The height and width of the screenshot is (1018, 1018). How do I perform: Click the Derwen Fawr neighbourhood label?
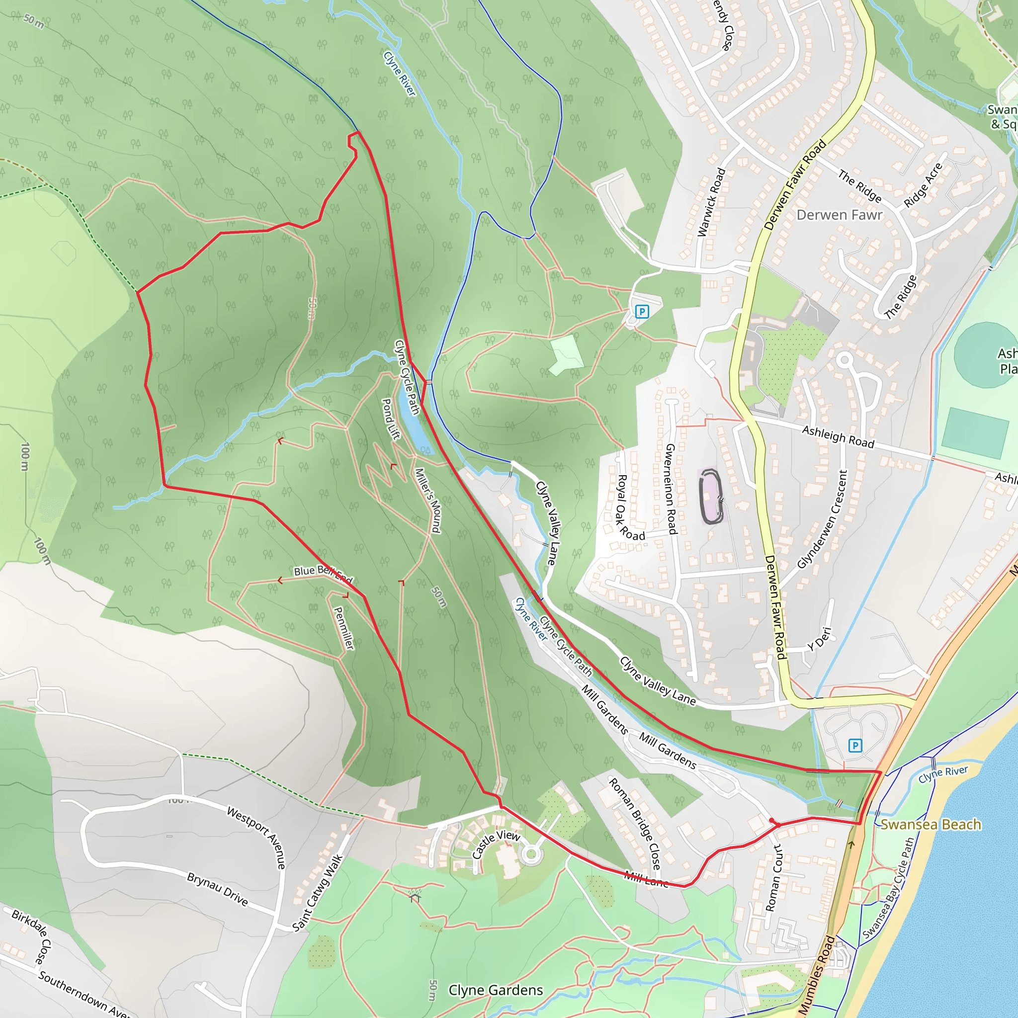pos(840,215)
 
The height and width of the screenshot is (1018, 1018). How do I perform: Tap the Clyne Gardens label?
pos(495,990)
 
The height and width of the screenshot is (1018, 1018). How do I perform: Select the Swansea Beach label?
pos(931,825)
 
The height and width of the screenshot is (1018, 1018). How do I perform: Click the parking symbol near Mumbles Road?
pos(855,746)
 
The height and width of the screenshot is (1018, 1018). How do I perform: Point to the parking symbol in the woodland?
pos(641,311)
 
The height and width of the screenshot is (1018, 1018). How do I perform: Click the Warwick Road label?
pos(711,202)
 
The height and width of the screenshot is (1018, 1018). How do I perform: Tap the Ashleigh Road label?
pos(838,437)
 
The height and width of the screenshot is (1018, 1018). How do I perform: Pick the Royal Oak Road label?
pos(630,508)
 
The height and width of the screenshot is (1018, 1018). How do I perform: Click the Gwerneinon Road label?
pos(670,489)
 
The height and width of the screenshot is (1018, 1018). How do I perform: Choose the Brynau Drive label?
pos(217,889)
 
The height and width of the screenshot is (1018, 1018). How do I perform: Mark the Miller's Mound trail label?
pos(428,500)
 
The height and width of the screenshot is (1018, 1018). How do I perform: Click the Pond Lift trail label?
pos(390,419)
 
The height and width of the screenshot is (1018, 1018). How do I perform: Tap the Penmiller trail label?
pos(343,628)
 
